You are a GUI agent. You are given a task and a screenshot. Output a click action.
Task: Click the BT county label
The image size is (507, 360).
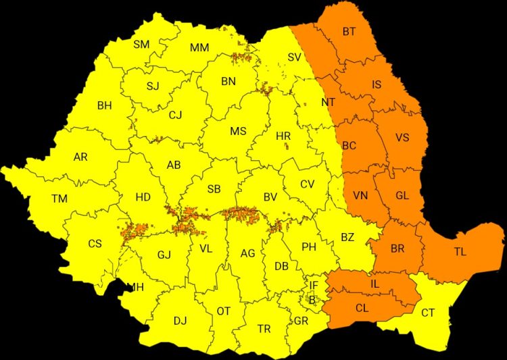349,31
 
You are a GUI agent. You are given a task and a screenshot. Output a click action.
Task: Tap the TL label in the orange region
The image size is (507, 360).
460,252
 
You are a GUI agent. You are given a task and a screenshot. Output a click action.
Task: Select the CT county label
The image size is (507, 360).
428,313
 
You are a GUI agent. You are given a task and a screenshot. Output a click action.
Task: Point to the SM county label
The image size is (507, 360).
141,45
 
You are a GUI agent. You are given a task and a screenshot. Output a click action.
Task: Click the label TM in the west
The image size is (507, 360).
59,199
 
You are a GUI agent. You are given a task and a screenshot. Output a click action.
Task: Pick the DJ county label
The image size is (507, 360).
180,321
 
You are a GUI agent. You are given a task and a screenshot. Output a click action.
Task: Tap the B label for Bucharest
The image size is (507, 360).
312,299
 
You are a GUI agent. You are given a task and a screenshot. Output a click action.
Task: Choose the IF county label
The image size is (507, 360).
313,286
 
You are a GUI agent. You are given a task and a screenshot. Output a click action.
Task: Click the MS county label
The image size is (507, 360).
238,131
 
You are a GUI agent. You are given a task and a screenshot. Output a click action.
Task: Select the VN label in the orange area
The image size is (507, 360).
360,196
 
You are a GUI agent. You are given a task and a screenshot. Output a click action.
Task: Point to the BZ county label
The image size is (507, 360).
347,237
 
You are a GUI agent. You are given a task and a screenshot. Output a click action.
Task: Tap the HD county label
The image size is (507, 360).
143,197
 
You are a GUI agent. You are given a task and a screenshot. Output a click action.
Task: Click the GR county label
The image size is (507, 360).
301,321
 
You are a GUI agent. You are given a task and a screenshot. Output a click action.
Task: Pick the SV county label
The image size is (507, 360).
294,57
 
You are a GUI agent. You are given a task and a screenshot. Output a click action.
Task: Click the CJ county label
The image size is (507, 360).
176,115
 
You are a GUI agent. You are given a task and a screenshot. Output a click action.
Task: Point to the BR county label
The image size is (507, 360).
397,249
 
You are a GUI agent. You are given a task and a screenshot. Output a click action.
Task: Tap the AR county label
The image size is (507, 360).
80,157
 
